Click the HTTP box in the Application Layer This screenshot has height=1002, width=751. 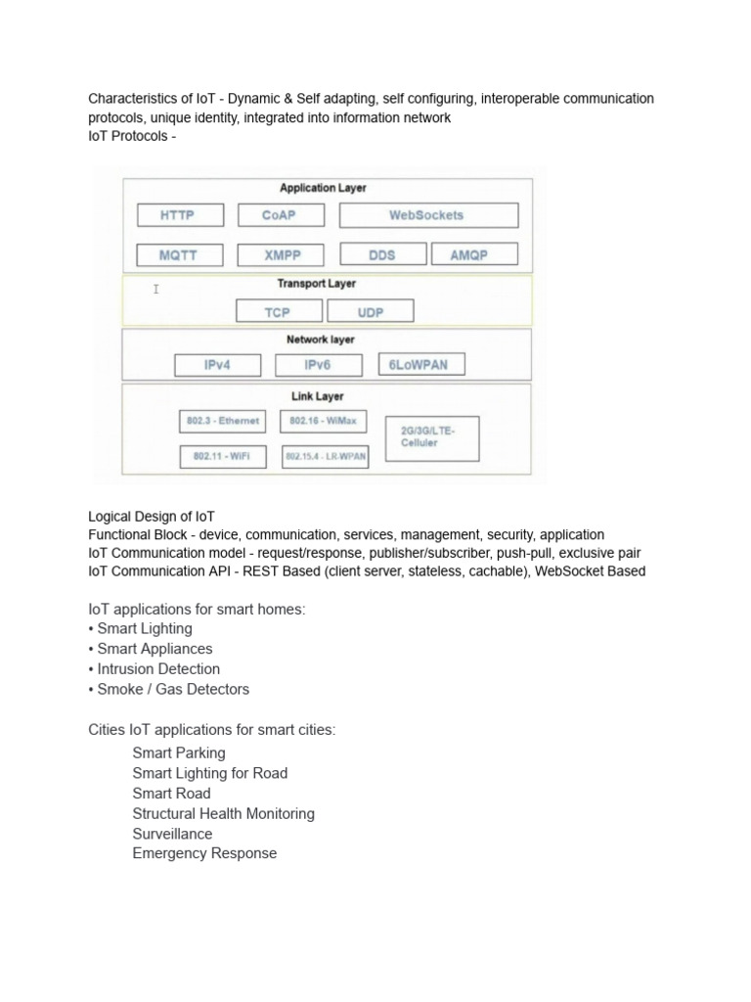pos(180,215)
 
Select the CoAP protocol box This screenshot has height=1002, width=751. pos(279,215)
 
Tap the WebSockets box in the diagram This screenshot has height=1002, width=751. pos(428,215)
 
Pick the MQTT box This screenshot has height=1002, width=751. pos(180,255)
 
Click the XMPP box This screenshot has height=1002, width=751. pos(283,255)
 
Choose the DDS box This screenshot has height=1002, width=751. pos(382,254)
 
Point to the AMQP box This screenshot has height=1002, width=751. pos(470,254)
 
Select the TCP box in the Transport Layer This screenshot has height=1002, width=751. pos(278,312)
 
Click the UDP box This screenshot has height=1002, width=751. pos(371,312)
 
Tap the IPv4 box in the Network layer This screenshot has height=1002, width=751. pos(218,365)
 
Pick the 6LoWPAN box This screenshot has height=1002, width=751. pos(420,365)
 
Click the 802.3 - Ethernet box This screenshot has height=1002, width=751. pos(224,421)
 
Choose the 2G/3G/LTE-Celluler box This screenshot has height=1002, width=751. pos(434,436)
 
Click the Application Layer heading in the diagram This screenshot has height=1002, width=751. pos(324,188)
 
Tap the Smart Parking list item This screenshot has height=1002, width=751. pos(179,752)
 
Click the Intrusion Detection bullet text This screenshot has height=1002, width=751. pos(158,669)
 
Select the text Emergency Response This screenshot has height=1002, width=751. pos(204,853)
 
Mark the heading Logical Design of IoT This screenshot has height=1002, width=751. pos(152,516)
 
